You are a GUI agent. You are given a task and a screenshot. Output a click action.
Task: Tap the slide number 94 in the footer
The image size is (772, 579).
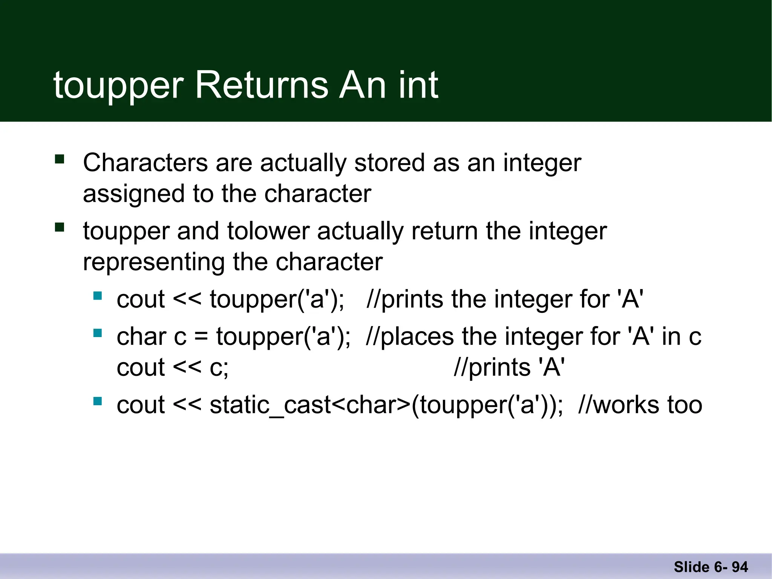point(740,567)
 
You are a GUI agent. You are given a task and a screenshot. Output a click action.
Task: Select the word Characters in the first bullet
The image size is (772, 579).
point(146,163)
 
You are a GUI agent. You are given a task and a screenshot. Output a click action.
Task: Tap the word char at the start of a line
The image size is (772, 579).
point(141,336)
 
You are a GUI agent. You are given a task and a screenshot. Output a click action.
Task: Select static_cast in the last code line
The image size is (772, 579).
point(270,405)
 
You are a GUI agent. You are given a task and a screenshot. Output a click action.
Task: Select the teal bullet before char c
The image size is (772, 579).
point(98,333)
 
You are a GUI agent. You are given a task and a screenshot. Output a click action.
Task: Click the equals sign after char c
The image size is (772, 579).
point(201,337)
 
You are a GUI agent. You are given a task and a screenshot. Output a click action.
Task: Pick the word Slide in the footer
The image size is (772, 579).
point(691,567)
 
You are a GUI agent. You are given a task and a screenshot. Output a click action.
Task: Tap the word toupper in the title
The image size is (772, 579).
point(118,86)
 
